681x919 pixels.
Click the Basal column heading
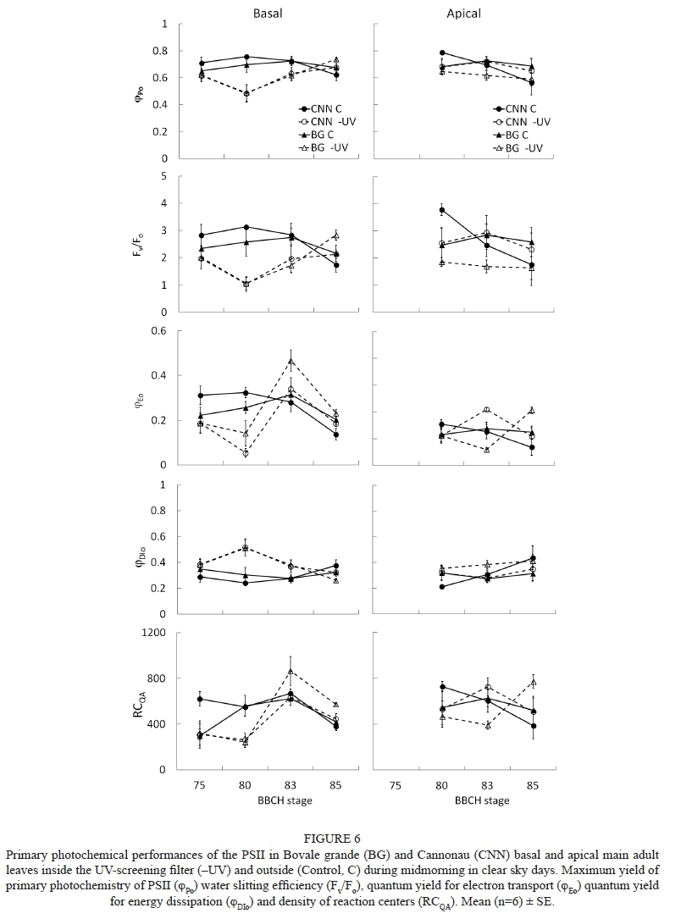tap(268, 14)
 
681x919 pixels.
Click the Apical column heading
tap(464, 14)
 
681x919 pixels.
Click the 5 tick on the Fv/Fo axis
tap(164, 176)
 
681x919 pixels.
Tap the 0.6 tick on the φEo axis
tap(158, 330)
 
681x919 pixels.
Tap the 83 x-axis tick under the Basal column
tap(291, 783)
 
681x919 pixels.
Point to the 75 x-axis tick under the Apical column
tap(396, 783)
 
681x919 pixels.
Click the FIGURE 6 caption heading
tap(340, 839)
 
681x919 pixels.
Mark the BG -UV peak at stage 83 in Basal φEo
tap(291, 362)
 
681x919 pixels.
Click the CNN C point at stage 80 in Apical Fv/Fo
tap(442, 210)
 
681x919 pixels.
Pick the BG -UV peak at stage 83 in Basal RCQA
tap(291, 672)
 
